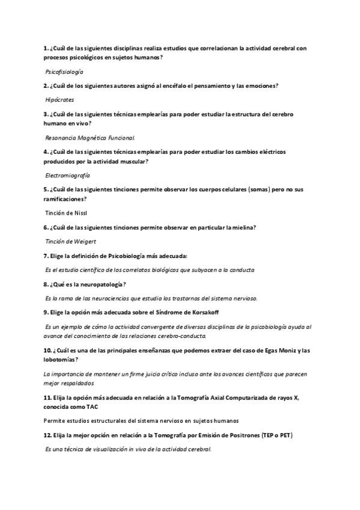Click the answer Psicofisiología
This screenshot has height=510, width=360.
click(x=64, y=72)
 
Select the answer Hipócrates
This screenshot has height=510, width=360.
click(x=59, y=100)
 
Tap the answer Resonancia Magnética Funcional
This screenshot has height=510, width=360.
click(x=90, y=138)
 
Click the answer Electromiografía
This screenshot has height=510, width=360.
click(x=68, y=176)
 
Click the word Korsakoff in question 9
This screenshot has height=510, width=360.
click(x=220, y=312)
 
